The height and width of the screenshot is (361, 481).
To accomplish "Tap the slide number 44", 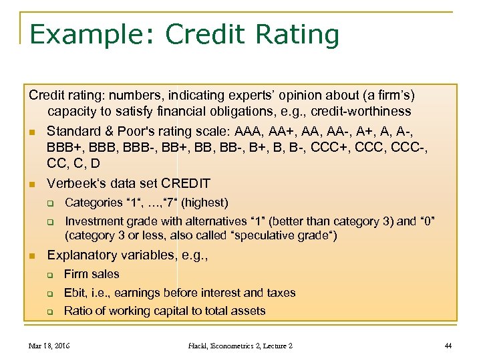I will click(448, 346).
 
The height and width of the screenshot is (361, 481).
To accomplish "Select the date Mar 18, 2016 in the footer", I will click(49, 346).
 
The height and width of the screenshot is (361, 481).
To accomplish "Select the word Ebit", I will click(75, 292).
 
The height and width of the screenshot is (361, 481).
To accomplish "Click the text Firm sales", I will click(92, 274).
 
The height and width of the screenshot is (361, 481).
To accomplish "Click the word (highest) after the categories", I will click(204, 203).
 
